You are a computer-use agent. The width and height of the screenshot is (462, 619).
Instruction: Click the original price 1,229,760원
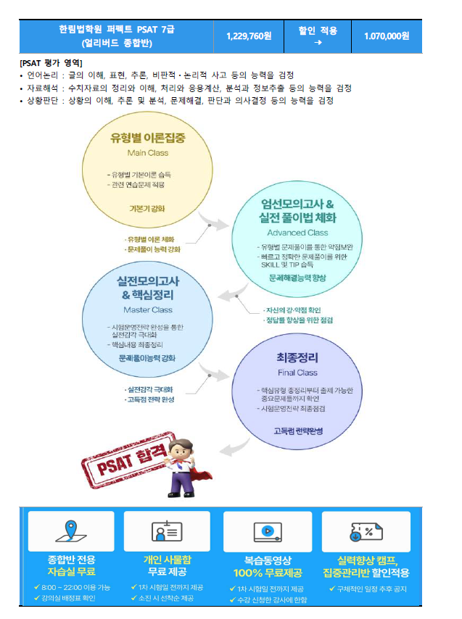(249, 36)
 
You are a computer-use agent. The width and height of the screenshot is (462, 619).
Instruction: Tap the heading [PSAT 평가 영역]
(51, 63)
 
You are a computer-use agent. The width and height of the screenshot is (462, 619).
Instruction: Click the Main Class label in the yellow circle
(147, 153)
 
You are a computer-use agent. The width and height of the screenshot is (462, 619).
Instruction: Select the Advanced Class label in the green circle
(297, 233)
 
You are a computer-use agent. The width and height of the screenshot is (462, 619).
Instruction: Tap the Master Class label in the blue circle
(147, 310)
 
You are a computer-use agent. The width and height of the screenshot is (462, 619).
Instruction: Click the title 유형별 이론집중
(147, 138)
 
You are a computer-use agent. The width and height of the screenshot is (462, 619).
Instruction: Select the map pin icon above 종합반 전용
(70, 531)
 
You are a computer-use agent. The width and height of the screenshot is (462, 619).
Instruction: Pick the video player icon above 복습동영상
(266, 531)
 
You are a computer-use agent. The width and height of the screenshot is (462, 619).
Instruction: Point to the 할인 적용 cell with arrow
(318, 36)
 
